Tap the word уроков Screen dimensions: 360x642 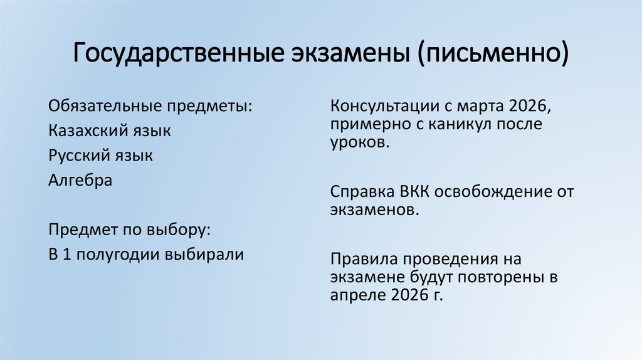(360, 143)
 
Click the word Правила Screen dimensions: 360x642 (362, 258)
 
